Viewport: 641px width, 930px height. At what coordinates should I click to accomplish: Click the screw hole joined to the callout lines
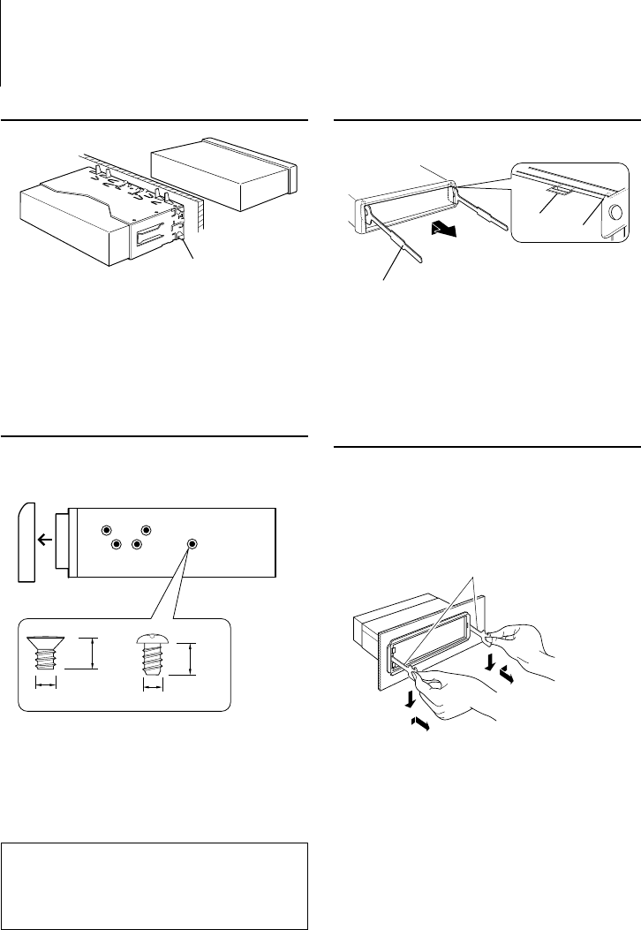coord(192,544)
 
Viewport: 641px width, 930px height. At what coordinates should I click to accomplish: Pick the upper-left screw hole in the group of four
coord(106,531)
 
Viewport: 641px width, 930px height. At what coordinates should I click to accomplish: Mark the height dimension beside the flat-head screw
coord(92,654)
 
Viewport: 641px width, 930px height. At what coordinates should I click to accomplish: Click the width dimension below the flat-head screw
coord(47,684)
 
